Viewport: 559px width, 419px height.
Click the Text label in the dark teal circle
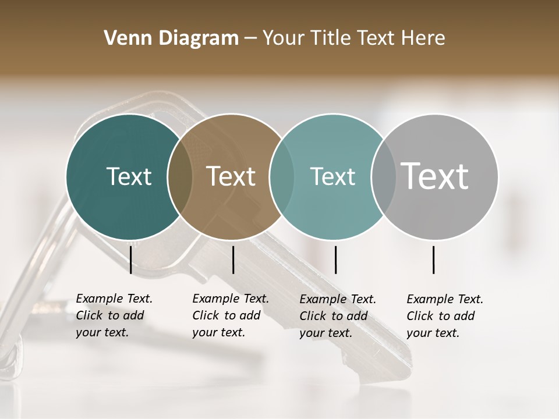129,176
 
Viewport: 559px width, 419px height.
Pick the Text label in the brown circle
231,176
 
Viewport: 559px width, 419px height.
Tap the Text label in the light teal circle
332,176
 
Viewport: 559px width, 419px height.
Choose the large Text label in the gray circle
435,176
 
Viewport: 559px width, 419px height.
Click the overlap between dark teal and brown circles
180,176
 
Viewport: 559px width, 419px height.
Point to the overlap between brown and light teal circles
282,176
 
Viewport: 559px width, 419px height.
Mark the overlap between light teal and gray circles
384,176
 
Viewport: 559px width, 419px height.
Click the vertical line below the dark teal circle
131,260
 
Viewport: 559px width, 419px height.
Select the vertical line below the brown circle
233,260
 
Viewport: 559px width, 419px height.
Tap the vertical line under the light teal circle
335,260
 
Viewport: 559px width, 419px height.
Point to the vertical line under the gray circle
434,260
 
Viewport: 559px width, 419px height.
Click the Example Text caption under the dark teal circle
114,315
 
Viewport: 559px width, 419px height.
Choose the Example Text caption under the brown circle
230,315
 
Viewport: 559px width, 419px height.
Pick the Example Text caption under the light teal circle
337,316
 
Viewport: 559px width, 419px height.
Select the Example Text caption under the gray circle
444,316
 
